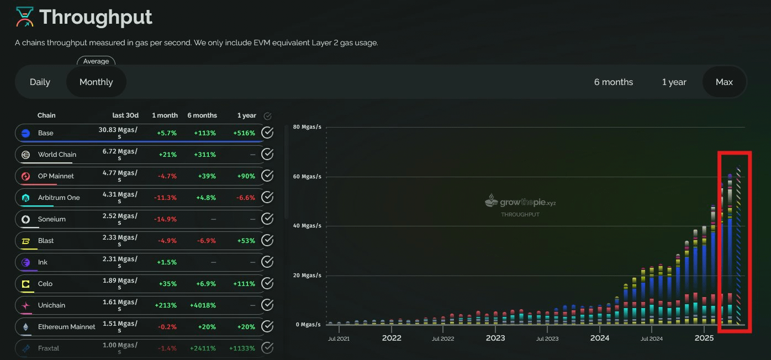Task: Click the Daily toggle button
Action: [40, 82]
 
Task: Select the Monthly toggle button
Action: [96, 82]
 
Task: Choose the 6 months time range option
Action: [614, 82]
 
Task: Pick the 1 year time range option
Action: [674, 82]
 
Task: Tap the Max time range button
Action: [724, 82]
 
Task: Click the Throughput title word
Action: [96, 17]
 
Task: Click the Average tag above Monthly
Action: [96, 61]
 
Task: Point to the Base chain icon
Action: [26, 133]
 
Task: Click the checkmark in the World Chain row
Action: [267, 154]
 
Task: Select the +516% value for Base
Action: [244, 133]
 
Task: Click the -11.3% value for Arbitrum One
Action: [165, 198]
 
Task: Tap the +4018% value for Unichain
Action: [203, 305]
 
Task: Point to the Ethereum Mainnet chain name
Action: [66, 327]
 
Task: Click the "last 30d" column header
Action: [125, 115]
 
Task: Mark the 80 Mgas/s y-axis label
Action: [307, 126]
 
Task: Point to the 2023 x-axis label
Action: [495, 338]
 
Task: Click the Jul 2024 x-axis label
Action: [651, 338]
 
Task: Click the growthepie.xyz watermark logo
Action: [520, 202]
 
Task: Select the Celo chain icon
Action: [26, 284]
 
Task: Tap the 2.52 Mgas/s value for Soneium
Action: [120, 219]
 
